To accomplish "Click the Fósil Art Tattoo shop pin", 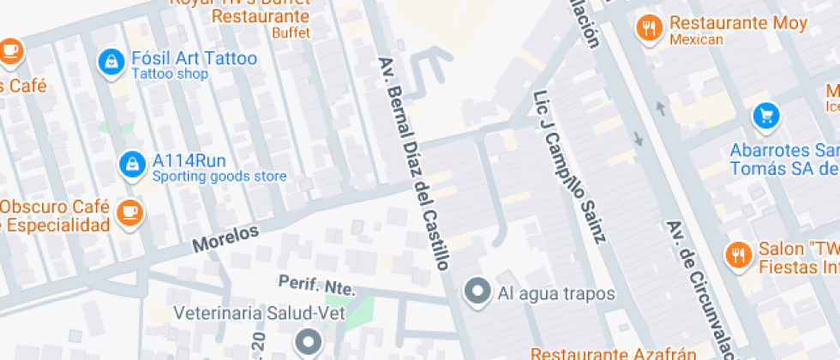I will coord(110,61).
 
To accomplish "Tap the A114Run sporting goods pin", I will coord(131,163).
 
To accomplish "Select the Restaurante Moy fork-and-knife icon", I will coord(651,28).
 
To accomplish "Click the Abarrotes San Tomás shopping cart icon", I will coord(765,115).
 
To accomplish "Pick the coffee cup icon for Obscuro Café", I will coord(129,209).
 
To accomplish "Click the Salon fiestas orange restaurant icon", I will coord(737,254).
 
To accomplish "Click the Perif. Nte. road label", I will coord(316,285).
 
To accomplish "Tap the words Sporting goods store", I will coord(219,177).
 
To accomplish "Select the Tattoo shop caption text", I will coord(170,75).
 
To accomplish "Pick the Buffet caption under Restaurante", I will coord(291,33).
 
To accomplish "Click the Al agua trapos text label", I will coord(556,294).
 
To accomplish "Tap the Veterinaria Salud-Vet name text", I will coord(259,314).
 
